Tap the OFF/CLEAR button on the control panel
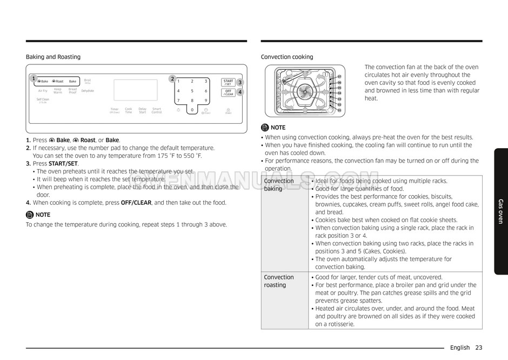(x=229, y=92)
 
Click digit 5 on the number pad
(x=192, y=91)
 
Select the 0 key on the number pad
(x=192, y=110)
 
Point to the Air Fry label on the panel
(x=43, y=91)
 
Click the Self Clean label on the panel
(x=43, y=100)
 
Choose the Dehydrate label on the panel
(x=88, y=91)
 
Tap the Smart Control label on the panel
(x=157, y=110)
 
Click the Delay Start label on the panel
(x=142, y=110)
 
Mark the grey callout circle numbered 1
(x=34, y=79)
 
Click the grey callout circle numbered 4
(x=239, y=92)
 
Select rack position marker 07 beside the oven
(x=339, y=77)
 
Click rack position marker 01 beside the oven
(x=339, y=110)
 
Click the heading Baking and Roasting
(x=53, y=57)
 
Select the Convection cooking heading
(x=286, y=57)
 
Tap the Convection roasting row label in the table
(x=279, y=281)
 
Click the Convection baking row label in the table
(x=279, y=185)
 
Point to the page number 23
(x=479, y=348)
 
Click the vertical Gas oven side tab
(x=500, y=211)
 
